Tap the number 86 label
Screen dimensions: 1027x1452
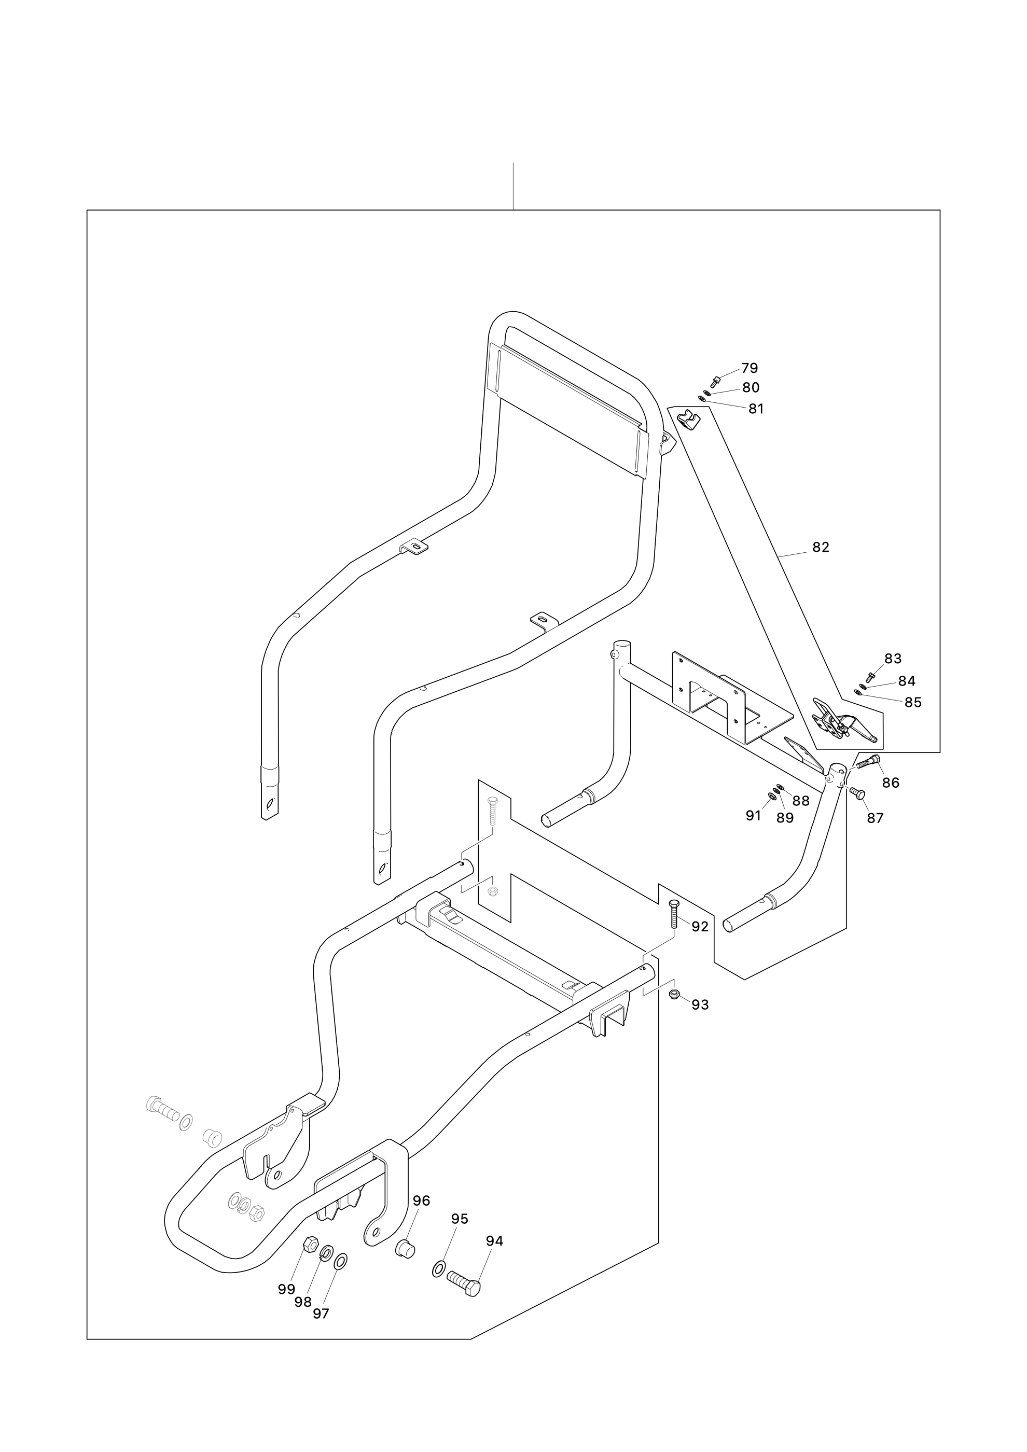[x=891, y=783]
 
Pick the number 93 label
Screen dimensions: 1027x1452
[x=700, y=1004]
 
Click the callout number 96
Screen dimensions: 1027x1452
[x=421, y=1200]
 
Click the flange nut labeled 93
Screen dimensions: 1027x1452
[x=675, y=994]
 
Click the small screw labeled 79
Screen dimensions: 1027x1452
[x=716, y=381]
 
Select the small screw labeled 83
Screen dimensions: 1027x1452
[x=870, y=677]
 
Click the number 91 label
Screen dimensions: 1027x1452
[x=753, y=816]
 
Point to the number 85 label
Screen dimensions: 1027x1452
[x=912, y=702]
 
